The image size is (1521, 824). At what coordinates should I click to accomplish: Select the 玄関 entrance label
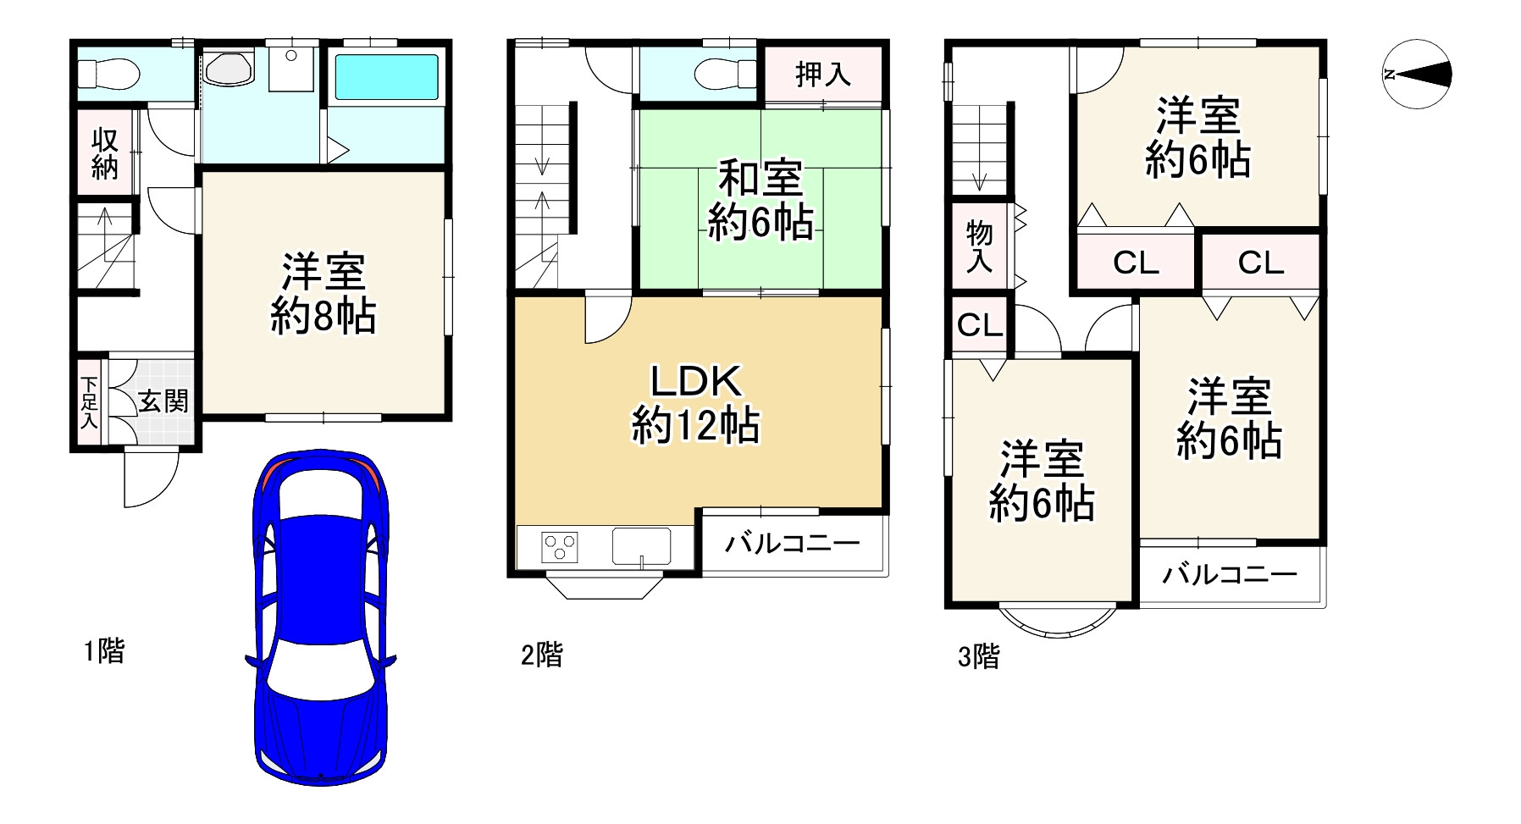tap(163, 401)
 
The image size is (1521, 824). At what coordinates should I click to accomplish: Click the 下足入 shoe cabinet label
tap(88, 401)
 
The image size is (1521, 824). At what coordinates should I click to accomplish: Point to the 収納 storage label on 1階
tap(105, 153)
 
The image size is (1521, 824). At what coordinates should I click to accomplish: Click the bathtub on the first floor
tap(386, 78)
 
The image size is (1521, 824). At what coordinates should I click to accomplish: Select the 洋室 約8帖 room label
tap(323, 294)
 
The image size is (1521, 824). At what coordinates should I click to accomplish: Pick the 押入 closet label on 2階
tap(822, 75)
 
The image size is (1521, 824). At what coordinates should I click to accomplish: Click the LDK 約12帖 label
tap(695, 403)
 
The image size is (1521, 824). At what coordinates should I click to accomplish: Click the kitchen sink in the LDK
tap(641, 546)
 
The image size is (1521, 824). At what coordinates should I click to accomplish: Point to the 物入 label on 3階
tap(979, 246)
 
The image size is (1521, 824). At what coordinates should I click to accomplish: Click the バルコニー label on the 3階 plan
tap(1229, 576)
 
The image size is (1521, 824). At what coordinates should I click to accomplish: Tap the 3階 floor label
tap(978, 655)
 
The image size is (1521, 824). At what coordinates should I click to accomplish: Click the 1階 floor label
tap(103, 651)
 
